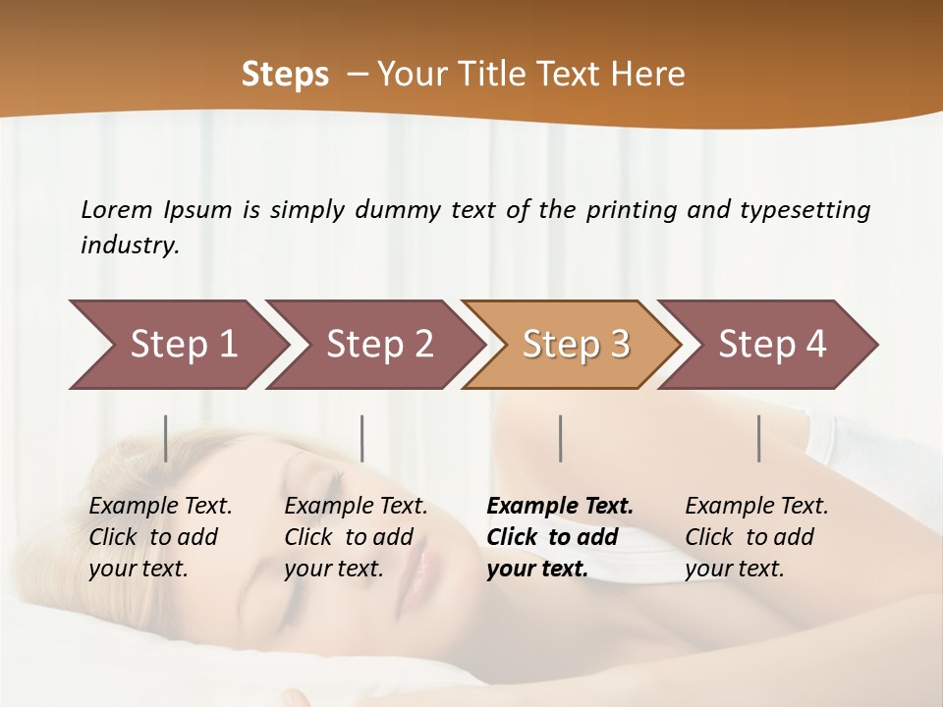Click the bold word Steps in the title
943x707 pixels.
tap(285, 75)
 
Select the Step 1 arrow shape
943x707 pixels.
tap(177, 345)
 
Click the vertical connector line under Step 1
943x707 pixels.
tap(166, 438)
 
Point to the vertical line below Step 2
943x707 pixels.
tap(362, 438)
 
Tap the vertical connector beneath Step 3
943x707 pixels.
tap(561, 438)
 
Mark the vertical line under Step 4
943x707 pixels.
tap(759, 438)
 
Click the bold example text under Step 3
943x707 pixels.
tap(559, 537)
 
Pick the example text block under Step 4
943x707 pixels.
tap(756, 537)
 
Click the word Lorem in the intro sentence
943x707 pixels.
tap(117, 210)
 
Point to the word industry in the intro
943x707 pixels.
tap(130, 245)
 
